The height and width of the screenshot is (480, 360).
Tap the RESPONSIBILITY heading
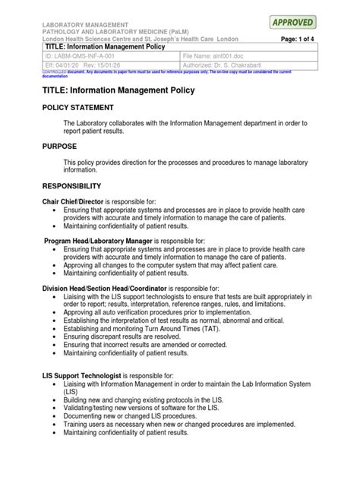(x=71, y=186)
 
